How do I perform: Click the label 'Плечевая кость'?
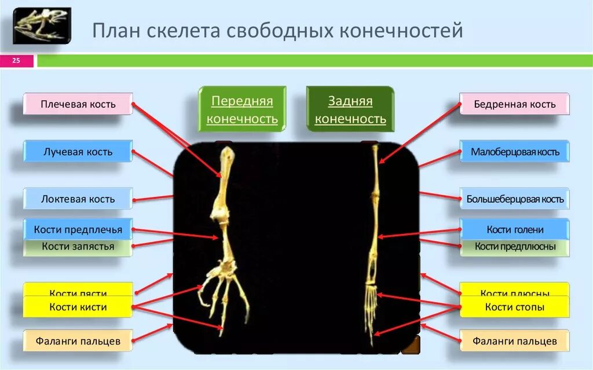click(78, 104)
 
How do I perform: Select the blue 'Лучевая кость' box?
click(78, 152)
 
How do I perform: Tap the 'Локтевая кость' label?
click(78, 199)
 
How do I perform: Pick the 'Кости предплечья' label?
click(78, 229)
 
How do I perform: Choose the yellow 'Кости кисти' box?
click(78, 307)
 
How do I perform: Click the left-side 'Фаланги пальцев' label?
click(78, 341)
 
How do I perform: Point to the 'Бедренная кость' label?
click(514, 104)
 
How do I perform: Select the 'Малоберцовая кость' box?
click(514, 152)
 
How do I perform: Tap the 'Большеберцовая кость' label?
click(514, 199)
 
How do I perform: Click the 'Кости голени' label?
click(514, 229)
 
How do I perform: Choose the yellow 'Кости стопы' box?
click(514, 307)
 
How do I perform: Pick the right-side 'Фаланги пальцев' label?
click(514, 341)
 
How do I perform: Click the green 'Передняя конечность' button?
click(242, 110)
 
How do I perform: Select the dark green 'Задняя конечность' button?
click(350, 110)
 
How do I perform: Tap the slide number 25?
click(16, 60)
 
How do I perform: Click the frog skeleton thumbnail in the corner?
click(42, 26)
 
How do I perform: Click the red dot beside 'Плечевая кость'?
click(133, 105)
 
